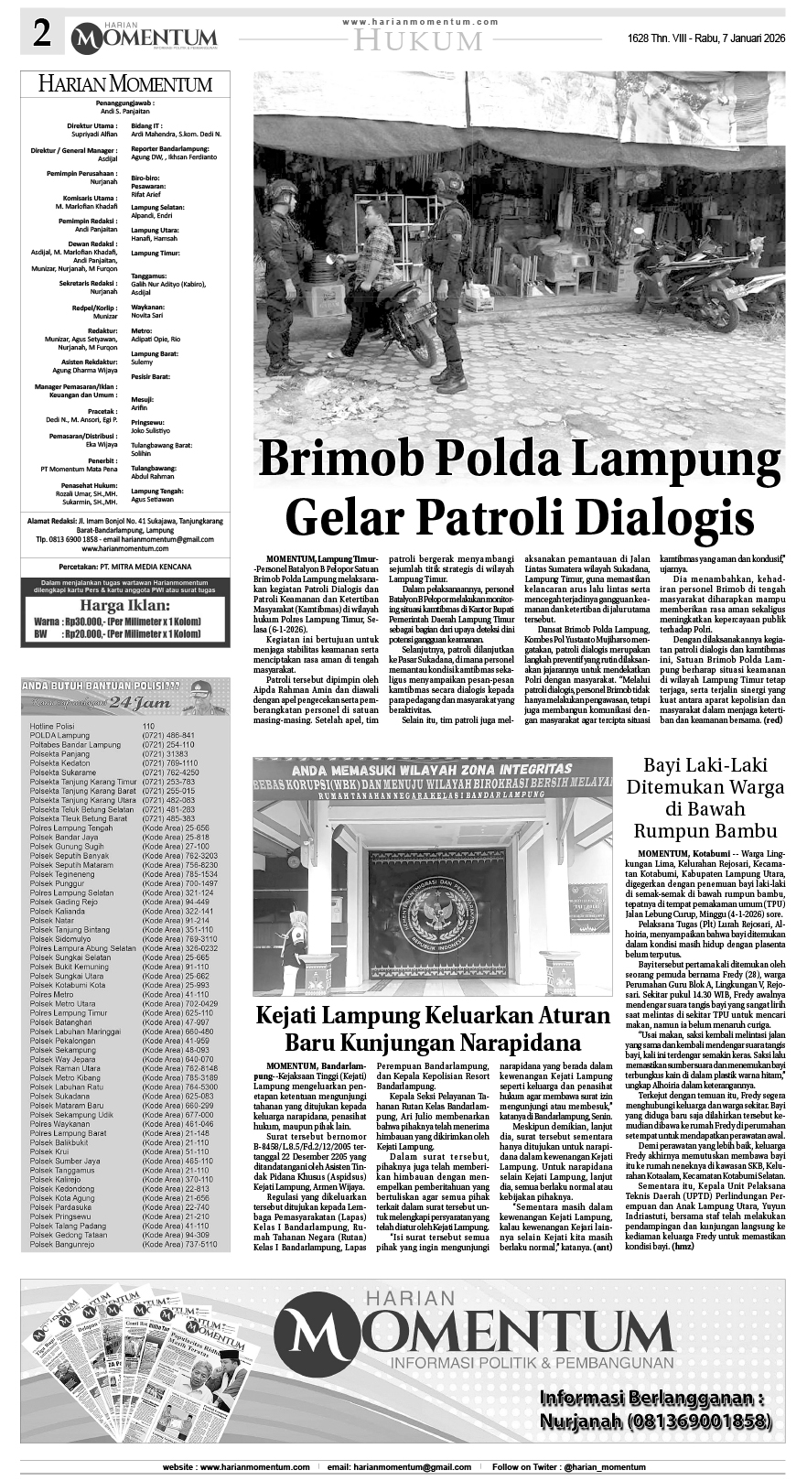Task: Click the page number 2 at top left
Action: pos(41,36)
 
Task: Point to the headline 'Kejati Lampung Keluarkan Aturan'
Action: pos(433,1016)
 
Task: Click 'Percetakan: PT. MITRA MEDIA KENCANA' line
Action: pos(124,568)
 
